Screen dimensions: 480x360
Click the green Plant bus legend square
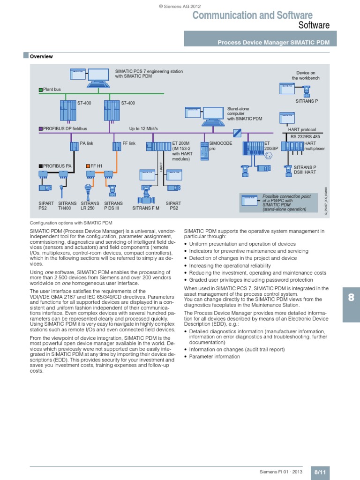(40, 89)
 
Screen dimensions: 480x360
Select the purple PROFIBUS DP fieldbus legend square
(40, 128)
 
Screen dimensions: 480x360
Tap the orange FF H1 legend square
(87, 165)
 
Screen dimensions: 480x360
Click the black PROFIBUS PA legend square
(40, 165)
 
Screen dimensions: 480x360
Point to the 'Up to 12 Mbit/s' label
(143, 128)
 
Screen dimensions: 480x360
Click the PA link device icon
(74, 147)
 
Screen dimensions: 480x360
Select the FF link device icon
(116, 147)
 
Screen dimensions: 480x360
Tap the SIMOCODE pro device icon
(204, 150)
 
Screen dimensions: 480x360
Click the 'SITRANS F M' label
(146, 208)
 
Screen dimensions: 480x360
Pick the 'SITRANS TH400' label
(65, 206)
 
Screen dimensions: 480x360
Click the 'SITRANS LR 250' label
(87, 206)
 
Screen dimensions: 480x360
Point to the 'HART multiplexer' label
(314, 146)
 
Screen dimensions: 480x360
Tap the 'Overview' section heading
(41, 57)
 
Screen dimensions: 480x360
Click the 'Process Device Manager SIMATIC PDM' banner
(273, 43)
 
